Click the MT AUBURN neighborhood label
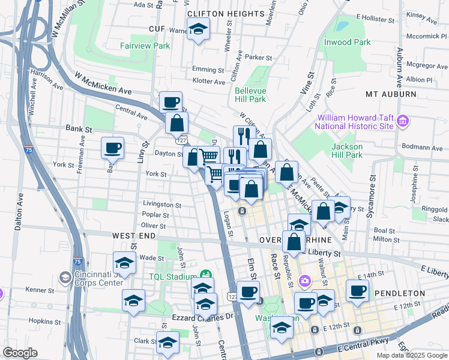click(x=390, y=94)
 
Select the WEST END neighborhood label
click(x=131, y=237)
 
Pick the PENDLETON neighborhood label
click(x=400, y=293)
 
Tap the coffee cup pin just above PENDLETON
click(x=358, y=292)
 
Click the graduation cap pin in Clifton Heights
click(x=197, y=29)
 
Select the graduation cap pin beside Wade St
click(x=124, y=263)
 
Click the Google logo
click(x=20, y=352)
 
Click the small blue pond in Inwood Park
click(x=342, y=27)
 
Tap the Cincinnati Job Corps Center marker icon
click(x=65, y=278)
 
